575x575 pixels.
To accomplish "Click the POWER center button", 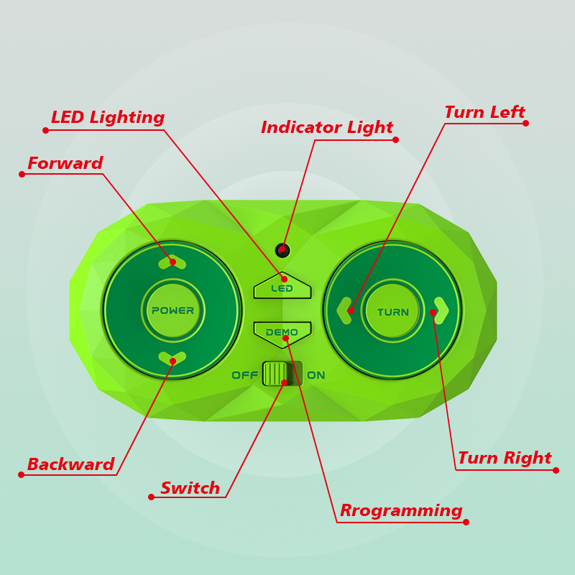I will (x=172, y=310).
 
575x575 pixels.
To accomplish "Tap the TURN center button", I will (x=392, y=311).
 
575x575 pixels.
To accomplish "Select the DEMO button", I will (x=282, y=332).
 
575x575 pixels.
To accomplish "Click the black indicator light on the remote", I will (x=282, y=250).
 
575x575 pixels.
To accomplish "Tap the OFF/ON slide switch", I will (x=282, y=374).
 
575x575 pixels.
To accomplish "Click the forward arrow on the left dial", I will (x=172, y=262).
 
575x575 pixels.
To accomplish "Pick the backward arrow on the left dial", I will (x=172, y=358).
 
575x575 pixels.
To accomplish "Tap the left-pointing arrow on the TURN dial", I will (x=345, y=310).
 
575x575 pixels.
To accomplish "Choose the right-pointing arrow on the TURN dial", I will (x=441, y=310).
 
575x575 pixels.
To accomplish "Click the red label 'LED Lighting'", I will (x=108, y=118).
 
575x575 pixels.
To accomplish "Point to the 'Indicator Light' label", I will (x=327, y=128).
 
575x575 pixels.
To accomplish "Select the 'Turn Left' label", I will (x=484, y=113).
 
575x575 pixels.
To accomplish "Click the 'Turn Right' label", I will (x=505, y=459).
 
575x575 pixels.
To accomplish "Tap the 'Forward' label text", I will (x=65, y=164).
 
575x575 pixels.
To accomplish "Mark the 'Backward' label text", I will (x=71, y=465).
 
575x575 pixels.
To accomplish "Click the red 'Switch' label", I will (x=190, y=489).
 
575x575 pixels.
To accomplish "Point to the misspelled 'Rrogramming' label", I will (x=401, y=511).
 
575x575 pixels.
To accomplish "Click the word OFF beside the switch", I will (x=245, y=375).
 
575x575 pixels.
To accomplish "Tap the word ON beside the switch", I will (x=316, y=375).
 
